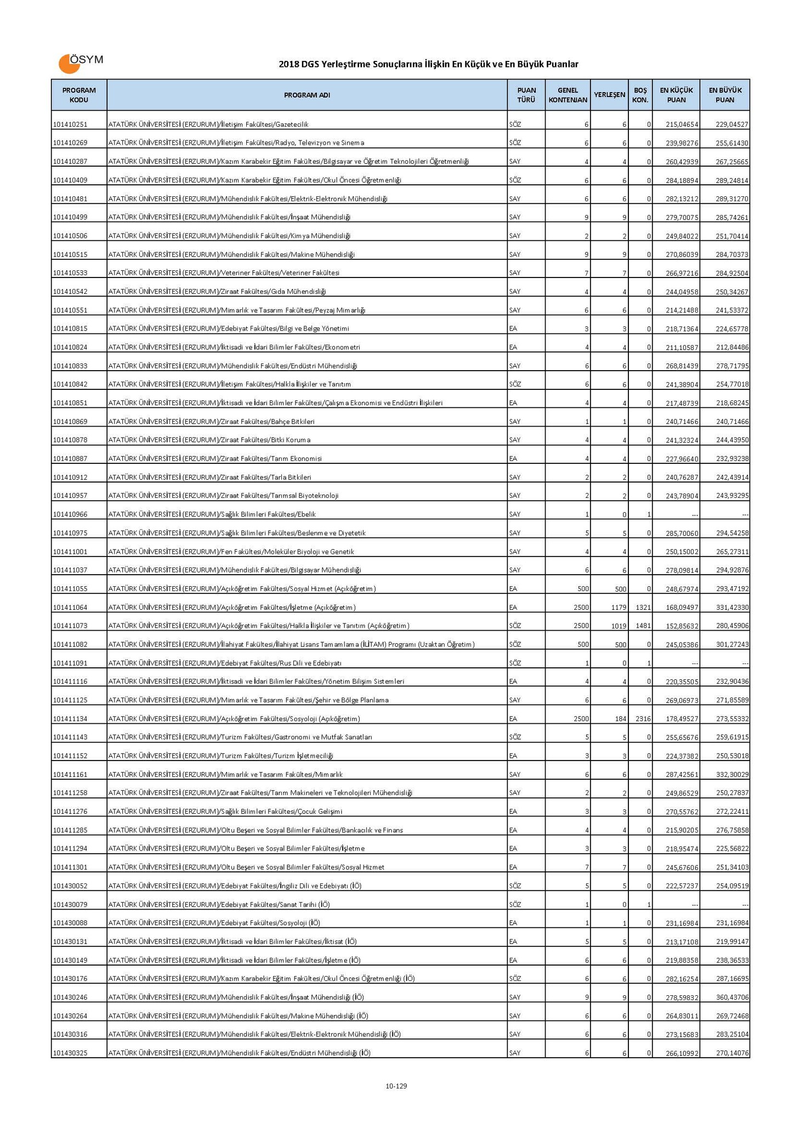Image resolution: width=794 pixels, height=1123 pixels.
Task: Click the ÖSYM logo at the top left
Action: (80, 63)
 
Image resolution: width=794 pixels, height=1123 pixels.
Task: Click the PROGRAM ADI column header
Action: (307, 95)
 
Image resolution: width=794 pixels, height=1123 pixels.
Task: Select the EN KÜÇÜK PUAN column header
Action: (676, 95)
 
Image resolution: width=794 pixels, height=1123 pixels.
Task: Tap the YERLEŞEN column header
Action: (609, 95)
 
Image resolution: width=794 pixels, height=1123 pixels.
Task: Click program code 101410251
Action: (71, 124)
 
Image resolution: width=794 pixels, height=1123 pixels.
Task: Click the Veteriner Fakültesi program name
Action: (224, 273)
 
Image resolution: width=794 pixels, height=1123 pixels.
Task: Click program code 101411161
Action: (71, 775)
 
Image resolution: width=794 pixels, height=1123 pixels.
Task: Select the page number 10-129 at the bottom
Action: (396, 1086)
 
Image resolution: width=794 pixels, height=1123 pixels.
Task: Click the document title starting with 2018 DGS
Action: (428, 65)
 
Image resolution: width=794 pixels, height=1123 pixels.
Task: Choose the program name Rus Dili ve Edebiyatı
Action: (225, 663)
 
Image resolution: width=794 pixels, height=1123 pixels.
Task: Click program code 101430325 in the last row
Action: (71, 1053)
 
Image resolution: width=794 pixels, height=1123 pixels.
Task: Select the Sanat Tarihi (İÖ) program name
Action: (219, 905)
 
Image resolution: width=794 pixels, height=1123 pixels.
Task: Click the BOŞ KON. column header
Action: (640, 95)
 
